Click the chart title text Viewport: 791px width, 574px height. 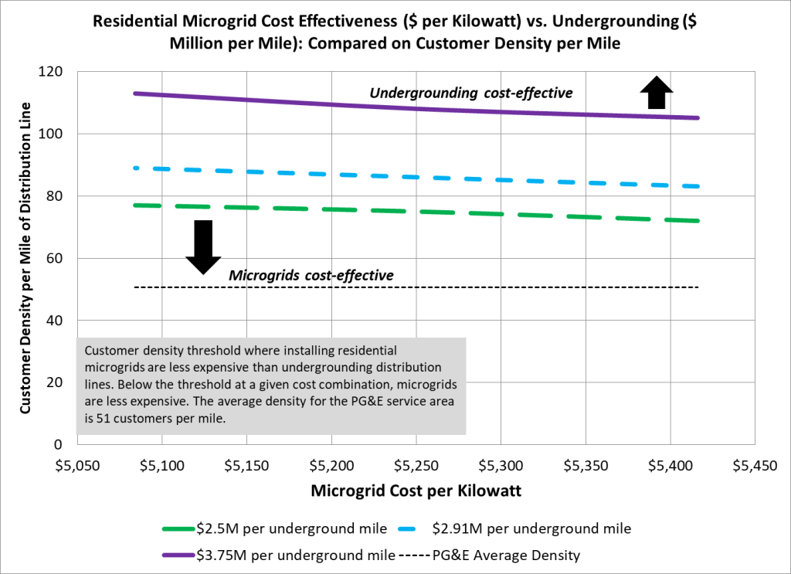click(395, 32)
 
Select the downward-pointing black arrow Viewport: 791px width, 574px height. click(203, 246)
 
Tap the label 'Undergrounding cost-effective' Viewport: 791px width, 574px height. click(471, 93)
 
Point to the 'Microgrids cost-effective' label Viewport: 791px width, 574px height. click(311, 275)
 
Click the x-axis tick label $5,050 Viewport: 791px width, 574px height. click(77, 467)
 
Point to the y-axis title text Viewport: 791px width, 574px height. click(26, 257)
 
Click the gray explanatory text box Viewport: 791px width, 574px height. click(271, 385)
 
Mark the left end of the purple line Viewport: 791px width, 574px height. click(135, 93)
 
